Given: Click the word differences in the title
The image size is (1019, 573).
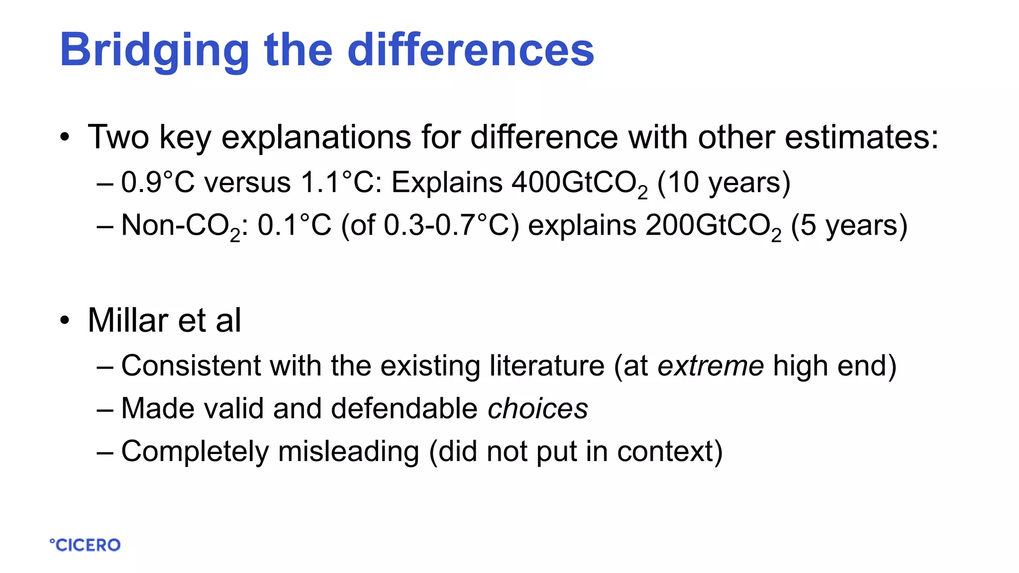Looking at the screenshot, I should (x=470, y=50).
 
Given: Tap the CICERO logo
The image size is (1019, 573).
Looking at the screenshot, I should (x=85, y=545).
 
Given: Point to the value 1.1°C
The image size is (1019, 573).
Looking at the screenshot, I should (x=338, y=183).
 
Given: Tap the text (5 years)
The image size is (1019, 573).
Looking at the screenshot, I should (x=849, y=226).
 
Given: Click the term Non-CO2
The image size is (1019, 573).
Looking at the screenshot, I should (x=180, y=226).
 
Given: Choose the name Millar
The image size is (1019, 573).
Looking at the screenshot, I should (x=128, y=320).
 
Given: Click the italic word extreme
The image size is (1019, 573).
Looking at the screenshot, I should (x=711, y=366).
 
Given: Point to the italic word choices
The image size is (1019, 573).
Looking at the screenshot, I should (x=538, y=409).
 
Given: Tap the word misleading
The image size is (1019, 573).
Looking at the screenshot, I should (x=348, y=452).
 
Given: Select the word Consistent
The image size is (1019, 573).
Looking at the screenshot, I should (x=191, y=366).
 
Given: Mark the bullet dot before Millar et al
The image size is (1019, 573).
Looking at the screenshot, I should (x=65, y=321).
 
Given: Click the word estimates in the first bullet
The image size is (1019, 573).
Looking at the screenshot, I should (x=861, y=137).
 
